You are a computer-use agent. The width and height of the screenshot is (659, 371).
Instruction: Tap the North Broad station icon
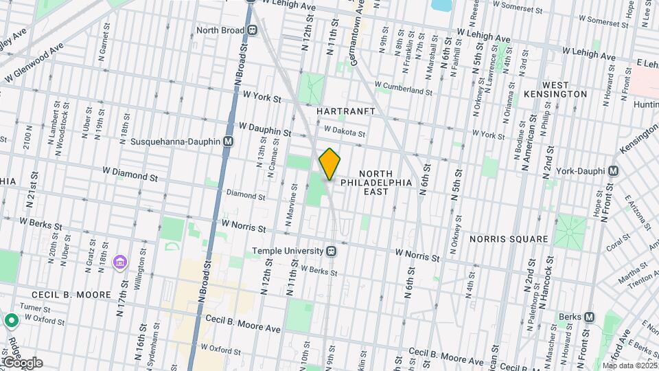[253, 30]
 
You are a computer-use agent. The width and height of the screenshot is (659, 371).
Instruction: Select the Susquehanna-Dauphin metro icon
[229, 141]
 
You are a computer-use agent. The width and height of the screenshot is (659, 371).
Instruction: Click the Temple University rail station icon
[331, 251]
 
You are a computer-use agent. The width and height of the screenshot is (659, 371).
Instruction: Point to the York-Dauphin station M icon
[613, 170]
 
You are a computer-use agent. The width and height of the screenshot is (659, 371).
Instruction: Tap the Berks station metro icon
[589, 317]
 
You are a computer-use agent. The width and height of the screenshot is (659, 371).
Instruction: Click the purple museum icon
[121, 262]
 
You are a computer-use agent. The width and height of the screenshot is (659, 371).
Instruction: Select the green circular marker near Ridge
[11, 320]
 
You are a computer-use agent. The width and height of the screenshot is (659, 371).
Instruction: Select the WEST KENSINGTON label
[555, 88]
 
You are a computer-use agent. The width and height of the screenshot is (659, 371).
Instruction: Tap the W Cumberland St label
[403, 90]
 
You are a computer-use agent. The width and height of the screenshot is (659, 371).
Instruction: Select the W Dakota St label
[345, 130]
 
